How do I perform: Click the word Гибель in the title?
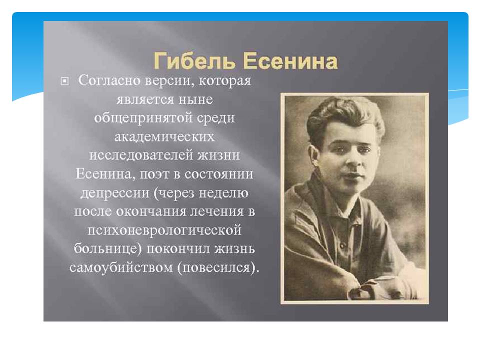click(194, 61)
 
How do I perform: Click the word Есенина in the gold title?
click(290, 61)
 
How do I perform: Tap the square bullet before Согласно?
click(64, 81)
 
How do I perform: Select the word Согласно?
click(109, 80)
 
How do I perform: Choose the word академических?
click(164, 136)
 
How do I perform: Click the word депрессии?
click(115, 193)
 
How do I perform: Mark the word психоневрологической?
click(164, 230)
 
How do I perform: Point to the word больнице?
click(106, 248)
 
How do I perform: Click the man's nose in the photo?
click(352, 160)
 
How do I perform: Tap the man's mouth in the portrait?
click(352, 176)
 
